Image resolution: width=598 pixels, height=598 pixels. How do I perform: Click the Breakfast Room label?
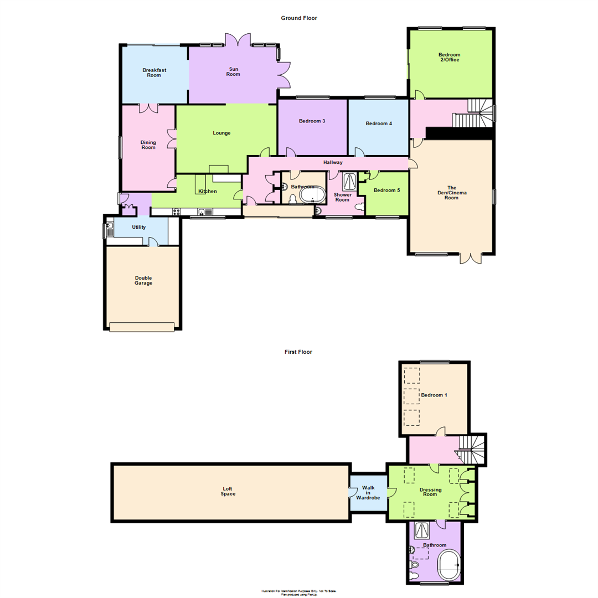coord(154,73)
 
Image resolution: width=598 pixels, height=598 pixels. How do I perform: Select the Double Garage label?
coord(143,281)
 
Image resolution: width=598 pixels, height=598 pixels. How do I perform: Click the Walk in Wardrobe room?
coord(368,493)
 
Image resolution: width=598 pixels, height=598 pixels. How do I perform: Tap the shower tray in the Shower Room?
coord(350,181)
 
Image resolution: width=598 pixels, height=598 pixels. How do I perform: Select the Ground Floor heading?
coord(298,18)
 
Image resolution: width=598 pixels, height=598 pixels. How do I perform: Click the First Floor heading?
coord(298,352)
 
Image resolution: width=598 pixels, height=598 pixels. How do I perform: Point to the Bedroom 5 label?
coord(386,190)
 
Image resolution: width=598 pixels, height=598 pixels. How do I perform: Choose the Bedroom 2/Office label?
coord(449,57)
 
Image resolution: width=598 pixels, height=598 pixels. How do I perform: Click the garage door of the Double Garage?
coord(142,327)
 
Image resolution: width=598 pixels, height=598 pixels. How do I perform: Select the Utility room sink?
coord(109,225)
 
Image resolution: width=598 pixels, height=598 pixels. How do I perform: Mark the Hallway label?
coord(333,162)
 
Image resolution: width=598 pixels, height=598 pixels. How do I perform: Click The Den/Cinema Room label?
coord(451,193)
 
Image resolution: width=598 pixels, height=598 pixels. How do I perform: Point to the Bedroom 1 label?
coord(434,395)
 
